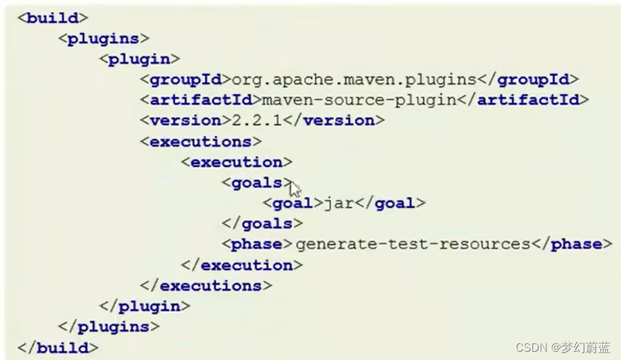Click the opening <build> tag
point(53,17)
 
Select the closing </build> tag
point(58,347)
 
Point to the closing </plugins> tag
point(109,326)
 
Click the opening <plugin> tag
point(140,59)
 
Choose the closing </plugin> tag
point(145,305)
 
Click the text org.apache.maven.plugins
point(354,80)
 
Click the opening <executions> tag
point(200,141)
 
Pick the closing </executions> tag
point(206,285)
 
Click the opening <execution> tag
point(236,162)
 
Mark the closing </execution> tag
point(242,264)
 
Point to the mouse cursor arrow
point(295,189)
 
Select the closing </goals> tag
point(262,224)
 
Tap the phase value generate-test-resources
point(412,244)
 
